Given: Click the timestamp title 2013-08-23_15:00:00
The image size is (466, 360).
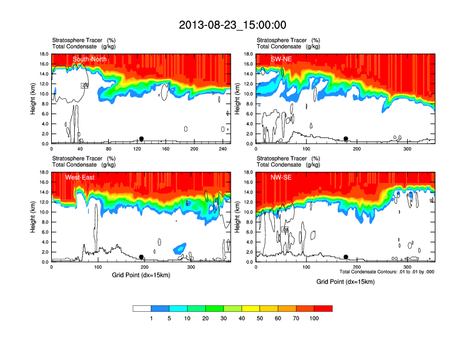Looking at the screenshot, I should [232, 25].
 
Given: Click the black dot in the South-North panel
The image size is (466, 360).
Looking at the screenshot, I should [141, 139].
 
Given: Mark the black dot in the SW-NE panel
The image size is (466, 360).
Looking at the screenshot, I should [346, 139].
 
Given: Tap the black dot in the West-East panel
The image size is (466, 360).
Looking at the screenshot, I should [141, 257].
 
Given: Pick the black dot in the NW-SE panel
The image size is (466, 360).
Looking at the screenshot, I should [346, 257].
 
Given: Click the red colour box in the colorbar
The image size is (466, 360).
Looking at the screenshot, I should [324, 308].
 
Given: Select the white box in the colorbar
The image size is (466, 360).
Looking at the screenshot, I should [142, 308].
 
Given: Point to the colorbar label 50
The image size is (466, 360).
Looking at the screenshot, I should [260, 318].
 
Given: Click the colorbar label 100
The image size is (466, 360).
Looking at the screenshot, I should [315, 318].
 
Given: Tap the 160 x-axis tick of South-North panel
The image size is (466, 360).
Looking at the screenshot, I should [166, 149].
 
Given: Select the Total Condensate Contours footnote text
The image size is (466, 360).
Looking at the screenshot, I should [388, 271].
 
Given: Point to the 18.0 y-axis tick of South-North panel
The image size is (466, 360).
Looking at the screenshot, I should [43, 54].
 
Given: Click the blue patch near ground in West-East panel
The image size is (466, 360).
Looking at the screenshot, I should [179, 248].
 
